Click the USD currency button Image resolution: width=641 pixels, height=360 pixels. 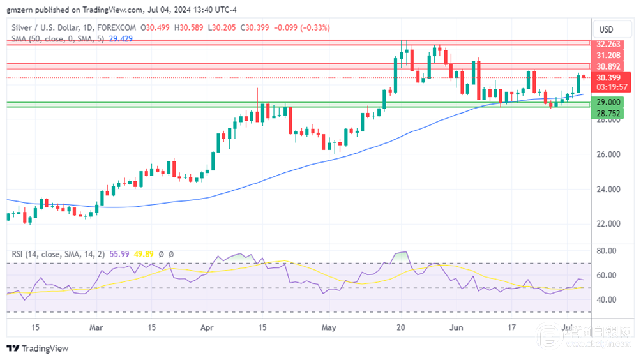605,29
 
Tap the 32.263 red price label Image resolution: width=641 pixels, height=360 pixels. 608,45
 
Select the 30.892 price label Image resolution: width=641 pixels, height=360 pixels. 608,66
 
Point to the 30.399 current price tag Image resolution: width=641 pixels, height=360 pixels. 608,78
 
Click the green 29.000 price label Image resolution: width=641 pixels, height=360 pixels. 608,102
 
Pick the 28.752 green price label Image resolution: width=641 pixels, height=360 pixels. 608,112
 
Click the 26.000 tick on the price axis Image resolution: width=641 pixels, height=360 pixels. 608,154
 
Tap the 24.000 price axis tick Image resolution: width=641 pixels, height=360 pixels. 608,190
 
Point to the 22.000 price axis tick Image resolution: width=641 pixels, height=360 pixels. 608,224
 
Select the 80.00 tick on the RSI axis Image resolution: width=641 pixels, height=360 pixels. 606,251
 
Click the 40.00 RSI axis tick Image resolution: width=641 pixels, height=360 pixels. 606,299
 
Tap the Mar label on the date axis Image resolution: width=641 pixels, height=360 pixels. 96,327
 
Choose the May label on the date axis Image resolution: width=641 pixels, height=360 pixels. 328,327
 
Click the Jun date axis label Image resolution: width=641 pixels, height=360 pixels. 456,327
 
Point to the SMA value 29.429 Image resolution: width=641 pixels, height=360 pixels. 120,38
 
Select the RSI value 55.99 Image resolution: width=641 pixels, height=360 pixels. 118,254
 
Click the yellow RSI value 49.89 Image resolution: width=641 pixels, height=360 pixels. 144,254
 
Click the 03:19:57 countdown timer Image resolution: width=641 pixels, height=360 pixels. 608,86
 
